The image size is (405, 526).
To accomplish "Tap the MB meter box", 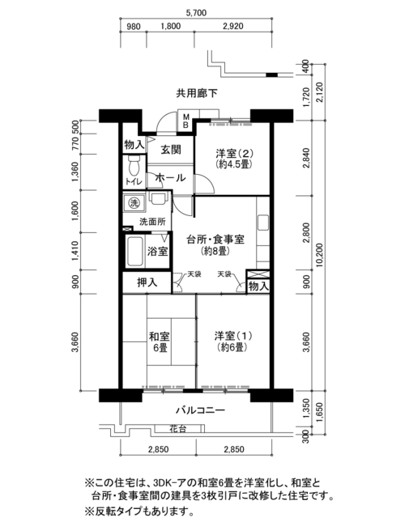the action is [x=185, y=121].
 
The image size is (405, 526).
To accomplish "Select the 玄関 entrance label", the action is [x=171, y=150].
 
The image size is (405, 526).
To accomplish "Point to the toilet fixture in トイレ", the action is [x=134, y=165].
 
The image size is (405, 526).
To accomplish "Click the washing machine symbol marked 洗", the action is [x=134, y=202].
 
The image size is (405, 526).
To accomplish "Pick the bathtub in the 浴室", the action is [x=135, y=252].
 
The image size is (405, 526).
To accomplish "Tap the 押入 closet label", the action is [x=147, y=282].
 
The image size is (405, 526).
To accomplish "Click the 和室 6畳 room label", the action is [x=160, y=341].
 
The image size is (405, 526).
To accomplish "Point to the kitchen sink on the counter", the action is [x=263, y=223].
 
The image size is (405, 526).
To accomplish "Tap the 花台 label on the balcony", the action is [x=178, y=428].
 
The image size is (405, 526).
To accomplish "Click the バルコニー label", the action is [x=201, y=410].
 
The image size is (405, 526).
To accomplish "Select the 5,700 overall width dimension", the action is [x=196, y=13].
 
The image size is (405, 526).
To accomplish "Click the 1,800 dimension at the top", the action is [x=171, y=26].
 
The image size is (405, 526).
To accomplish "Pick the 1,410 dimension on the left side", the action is [x=75, y=251].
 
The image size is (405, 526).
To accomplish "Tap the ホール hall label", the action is [x=170, y=178].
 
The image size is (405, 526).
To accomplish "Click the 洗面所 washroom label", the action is [x=152, y=222].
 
